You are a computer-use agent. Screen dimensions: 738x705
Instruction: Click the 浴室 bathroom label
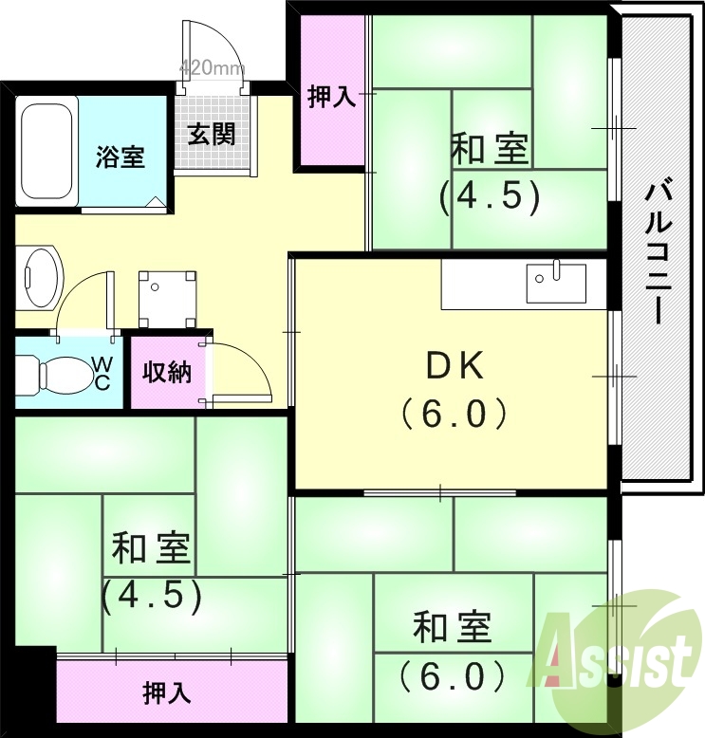pyautogui.click(x=121, y=157)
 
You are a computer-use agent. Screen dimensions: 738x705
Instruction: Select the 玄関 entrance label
pyautogui.click(x=211, y=135)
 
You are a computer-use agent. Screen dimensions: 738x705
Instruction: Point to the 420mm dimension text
pyautogui.click(x=213, y=68)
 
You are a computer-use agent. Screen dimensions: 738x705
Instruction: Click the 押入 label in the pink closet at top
pyautogui.click(x=331, y=97)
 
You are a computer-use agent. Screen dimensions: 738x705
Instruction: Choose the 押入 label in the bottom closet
pyautogui.click(x=167, y=693)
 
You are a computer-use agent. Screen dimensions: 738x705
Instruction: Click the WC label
pyautogui.click(x=102, y=373)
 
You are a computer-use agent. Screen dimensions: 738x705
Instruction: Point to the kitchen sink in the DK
pyautogui.click(x=557, y=282)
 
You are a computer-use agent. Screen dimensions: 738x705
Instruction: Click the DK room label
pyautogui.click(x=454, y=365)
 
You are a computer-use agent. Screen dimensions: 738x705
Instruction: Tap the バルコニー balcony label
pyautogui.click(x=655, y=251)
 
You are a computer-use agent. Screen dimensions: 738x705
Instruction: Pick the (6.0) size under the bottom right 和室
pyautogui.click(x=452, y=676)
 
